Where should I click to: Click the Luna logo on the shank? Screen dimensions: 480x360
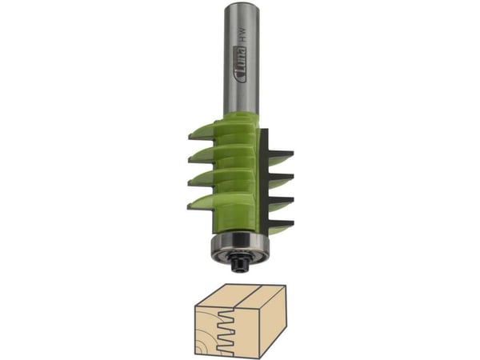click(x=240, y=65)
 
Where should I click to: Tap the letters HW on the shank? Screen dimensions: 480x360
click(x=242, y=34)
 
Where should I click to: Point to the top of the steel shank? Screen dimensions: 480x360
click(x=242, y=4)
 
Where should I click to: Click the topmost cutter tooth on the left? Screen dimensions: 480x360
click(x=202, y=132)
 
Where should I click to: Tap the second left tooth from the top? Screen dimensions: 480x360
click(x=202, y=155)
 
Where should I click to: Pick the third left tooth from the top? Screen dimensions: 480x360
click(x=202, y=179)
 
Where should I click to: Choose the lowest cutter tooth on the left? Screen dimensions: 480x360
click(x=202, y=202)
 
